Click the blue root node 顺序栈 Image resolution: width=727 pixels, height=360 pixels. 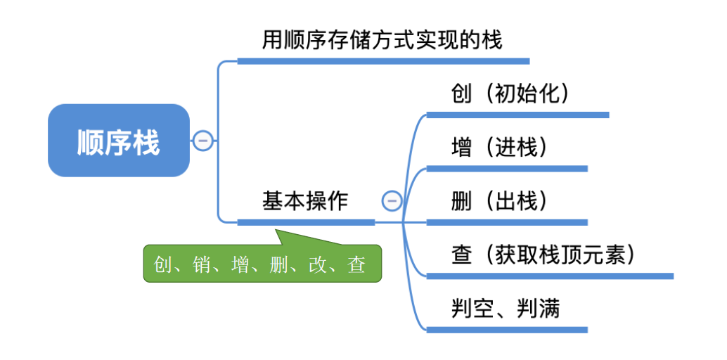[118, 141]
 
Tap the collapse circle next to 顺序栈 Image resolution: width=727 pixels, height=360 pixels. [203, 141]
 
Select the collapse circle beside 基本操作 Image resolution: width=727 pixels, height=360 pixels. [392, 201]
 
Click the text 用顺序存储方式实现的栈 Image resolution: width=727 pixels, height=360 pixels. [382, 40]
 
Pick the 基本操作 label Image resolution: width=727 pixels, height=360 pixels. [305, 201]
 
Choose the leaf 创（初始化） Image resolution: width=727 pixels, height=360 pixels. [510, 94]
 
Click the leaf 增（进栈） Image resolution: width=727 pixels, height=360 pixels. [499, 148]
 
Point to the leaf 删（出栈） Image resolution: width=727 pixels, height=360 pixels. [499, 201]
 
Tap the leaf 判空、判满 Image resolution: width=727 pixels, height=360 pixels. [506, 308]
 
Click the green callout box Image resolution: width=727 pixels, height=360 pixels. [262, 264]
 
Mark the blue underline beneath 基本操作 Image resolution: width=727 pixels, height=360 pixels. [306, 222]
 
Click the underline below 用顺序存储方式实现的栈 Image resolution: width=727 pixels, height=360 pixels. [382, 61]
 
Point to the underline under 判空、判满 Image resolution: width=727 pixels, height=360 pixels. [506, 329]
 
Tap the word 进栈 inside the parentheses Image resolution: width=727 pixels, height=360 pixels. [520, 148]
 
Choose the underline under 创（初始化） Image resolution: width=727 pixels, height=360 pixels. [517, 115]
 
